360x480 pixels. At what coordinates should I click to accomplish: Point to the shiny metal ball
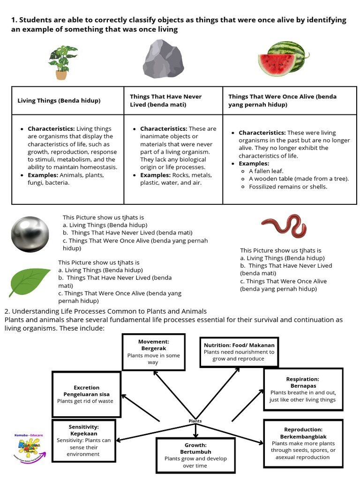(30, 234)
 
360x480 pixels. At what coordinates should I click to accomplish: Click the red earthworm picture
(284, 226)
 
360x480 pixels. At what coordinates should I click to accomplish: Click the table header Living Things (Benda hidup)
(59, 100)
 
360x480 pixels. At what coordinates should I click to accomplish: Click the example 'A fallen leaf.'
(266, 171)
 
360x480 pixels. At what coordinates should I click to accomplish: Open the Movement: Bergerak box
(154, 352)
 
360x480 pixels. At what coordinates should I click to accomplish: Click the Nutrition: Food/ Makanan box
(239, 352)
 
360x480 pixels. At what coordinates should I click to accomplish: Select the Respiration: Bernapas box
(302, 389)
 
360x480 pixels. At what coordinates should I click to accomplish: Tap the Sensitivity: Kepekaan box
(83, 440)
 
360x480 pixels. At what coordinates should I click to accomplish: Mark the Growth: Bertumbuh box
(195, 455)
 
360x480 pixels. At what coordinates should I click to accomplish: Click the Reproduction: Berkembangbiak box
(303, 443)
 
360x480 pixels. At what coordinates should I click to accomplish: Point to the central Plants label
(195, 421)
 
